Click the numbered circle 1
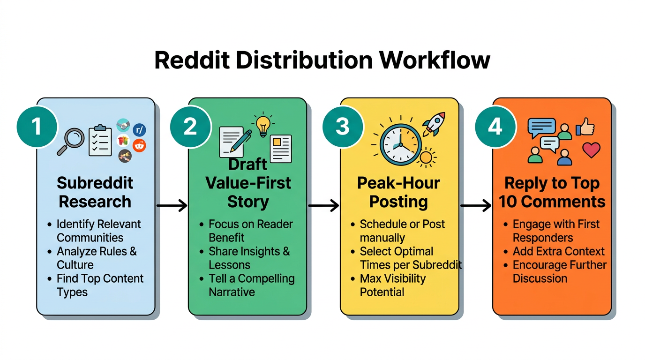click(x=37, y=127)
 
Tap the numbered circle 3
click(x=343, y=127)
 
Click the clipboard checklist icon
click(x=100, y=140)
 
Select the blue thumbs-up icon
click(x=586, y=127)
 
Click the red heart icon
click(x=591, y=150)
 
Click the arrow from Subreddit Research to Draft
click(x=172, y=205)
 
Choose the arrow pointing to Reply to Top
click(x=475, y=205)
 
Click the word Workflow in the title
click(x=435, y=60)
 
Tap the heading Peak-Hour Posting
click(x=398, y=192)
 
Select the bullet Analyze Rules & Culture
click(x=96, y=258)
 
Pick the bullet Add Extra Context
click(x=558, y=251)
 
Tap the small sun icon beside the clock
click(x=426, y=157)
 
